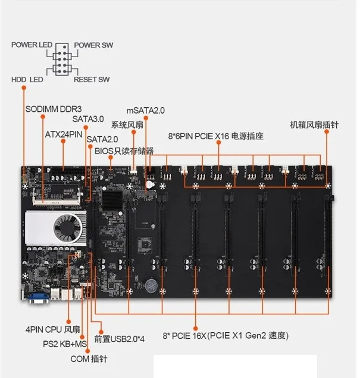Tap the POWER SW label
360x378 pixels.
click(x=93, y=45)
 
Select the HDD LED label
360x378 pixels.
click(x=26, y=79)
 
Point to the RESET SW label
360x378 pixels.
click(x=91, y=79)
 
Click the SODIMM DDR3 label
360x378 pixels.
click(x=54, y=110)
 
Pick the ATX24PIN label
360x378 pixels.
click(x=63, y=135)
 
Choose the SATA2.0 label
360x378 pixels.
click(x=102, y=140)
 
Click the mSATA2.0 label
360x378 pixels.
click(x=146, y=111)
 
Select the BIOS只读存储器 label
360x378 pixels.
click(x=124, y=151)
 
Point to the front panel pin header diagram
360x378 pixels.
click(x=61, y=61)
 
